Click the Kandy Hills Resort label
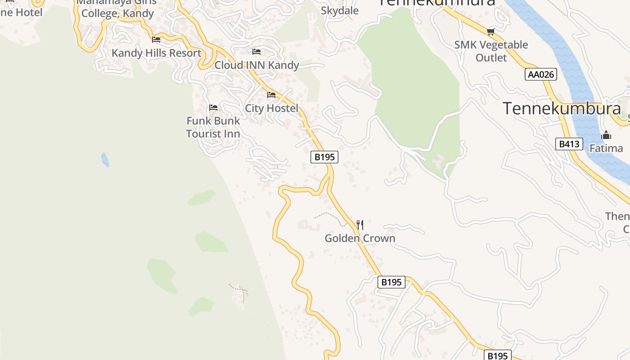tap(156, 53)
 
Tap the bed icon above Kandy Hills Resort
tap(156, 40)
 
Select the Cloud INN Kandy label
tap(256, 65)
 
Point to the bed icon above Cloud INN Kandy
tap(256, 52)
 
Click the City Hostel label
tap(271, 108)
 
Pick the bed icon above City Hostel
tap(271, 95)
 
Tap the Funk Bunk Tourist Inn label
tap(213, 127)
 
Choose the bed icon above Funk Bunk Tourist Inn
tap(213, 108)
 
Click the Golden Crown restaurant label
tap(360, 238)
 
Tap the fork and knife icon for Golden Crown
tap(360, 225)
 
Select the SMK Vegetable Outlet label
tap(491, 51)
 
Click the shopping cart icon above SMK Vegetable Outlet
tap(490, 31)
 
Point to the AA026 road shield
tap(541, 74)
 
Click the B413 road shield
tap(569, 144)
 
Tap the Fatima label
tap(606, 148)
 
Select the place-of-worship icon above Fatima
tap(606, 135)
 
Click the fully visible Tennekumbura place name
tap(562, 109)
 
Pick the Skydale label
tap(340, 10)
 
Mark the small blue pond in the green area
tap(105, 160)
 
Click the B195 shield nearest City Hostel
tap(324, 157)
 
